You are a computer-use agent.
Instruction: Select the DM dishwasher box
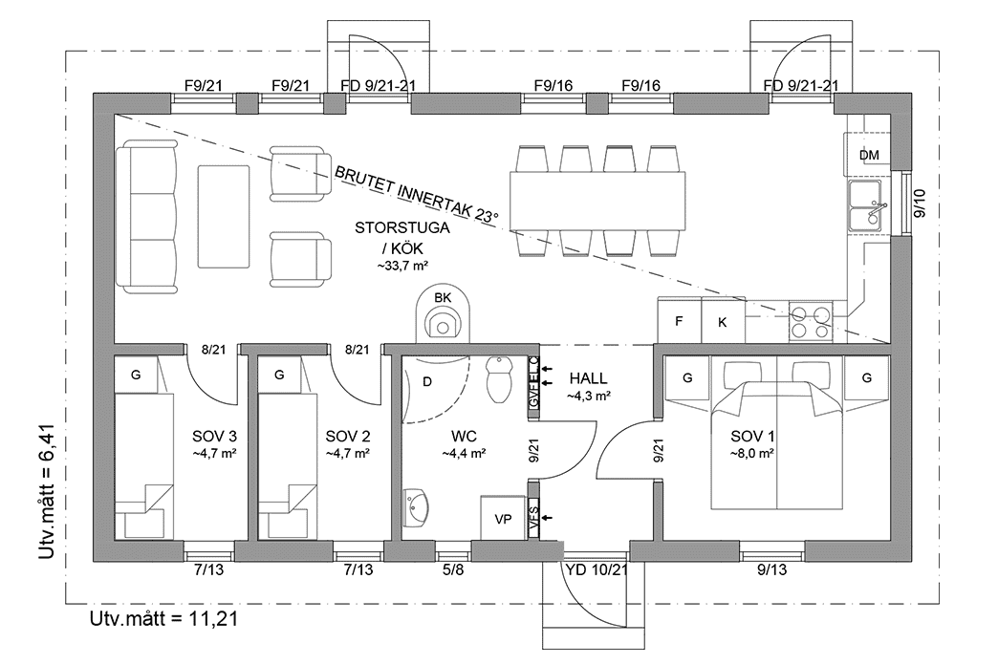[x=868, y=155]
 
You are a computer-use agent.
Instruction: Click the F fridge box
[x=679, y=321]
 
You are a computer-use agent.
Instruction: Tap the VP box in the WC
[x=503, y=519]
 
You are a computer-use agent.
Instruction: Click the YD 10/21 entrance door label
[x=597, y=570]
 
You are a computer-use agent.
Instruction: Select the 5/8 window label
[x=453, y=570]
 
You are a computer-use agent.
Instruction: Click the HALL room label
[x=588, y=378]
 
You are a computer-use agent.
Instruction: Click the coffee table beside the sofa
[x=224, y=217]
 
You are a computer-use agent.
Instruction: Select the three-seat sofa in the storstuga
[x=148, y=216]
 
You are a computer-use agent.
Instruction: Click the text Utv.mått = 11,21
[x=163, y=618]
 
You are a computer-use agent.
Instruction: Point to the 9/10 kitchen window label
[x=919, y=204]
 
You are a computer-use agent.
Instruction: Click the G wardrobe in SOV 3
[x=136, y=375]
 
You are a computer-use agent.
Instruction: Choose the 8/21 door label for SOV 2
[x=357, y=351]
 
